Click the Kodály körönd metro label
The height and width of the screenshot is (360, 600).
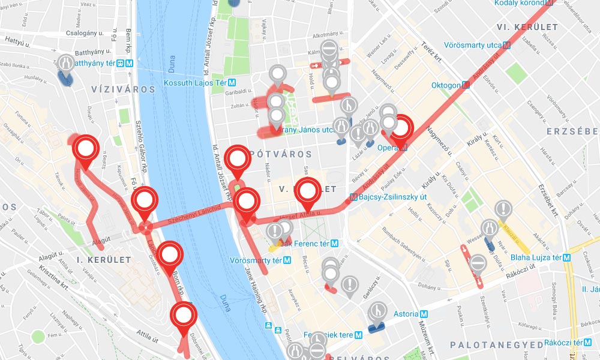click(x=520, y=4)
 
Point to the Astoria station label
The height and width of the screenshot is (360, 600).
click(x=410, y=314)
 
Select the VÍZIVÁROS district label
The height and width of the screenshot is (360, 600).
click(x=123, y=89)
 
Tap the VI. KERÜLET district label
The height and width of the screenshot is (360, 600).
click(x=527, y=27)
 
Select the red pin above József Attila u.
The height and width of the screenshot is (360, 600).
click(x=308, y=191)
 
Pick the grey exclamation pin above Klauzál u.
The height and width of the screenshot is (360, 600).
click(x=503, y=209)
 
